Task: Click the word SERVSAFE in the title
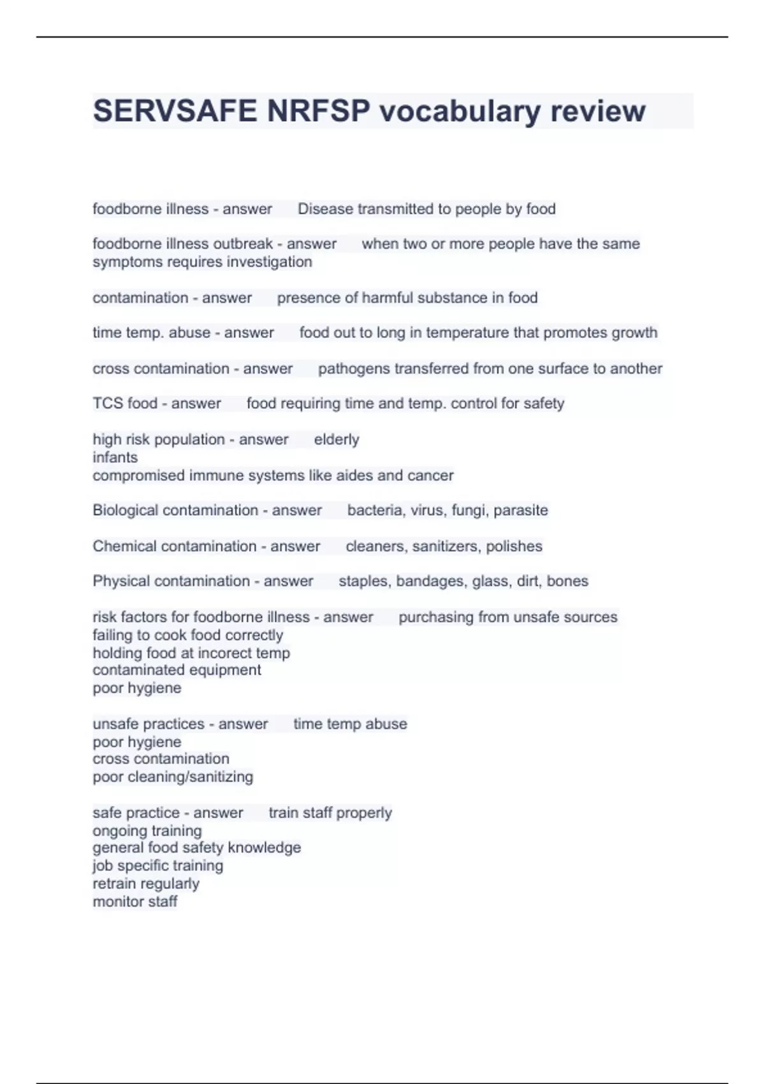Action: (x=175, y=111)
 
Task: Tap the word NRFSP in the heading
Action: (x=318, y=111)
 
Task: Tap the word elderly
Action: (x=337, y=439)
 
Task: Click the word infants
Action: (x=115, y=457)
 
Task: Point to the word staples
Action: (x=363, y=581)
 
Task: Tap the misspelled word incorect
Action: (x=228, y=653)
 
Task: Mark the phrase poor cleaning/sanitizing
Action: (x=173, y=777)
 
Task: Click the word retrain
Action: (x=116, y=884)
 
